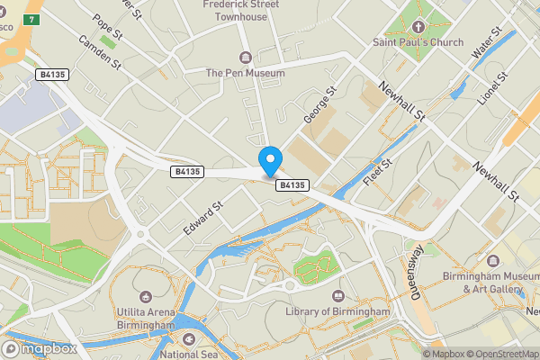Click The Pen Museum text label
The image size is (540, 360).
pyautogui.click(x=245, y=73)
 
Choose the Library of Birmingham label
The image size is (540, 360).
pyautogui.click(x=338, y=311)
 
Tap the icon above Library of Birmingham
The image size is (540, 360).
pyautogui.click(x=338, y=295)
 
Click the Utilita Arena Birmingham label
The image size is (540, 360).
pyautogui.click(x=144, y=318)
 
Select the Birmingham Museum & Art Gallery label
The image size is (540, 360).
pyautogui.click(x=481, y=283)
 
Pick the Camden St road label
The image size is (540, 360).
pyautogui.click(x=99, y=53)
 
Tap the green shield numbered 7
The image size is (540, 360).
pyautogui.click(x=33, y=19)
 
